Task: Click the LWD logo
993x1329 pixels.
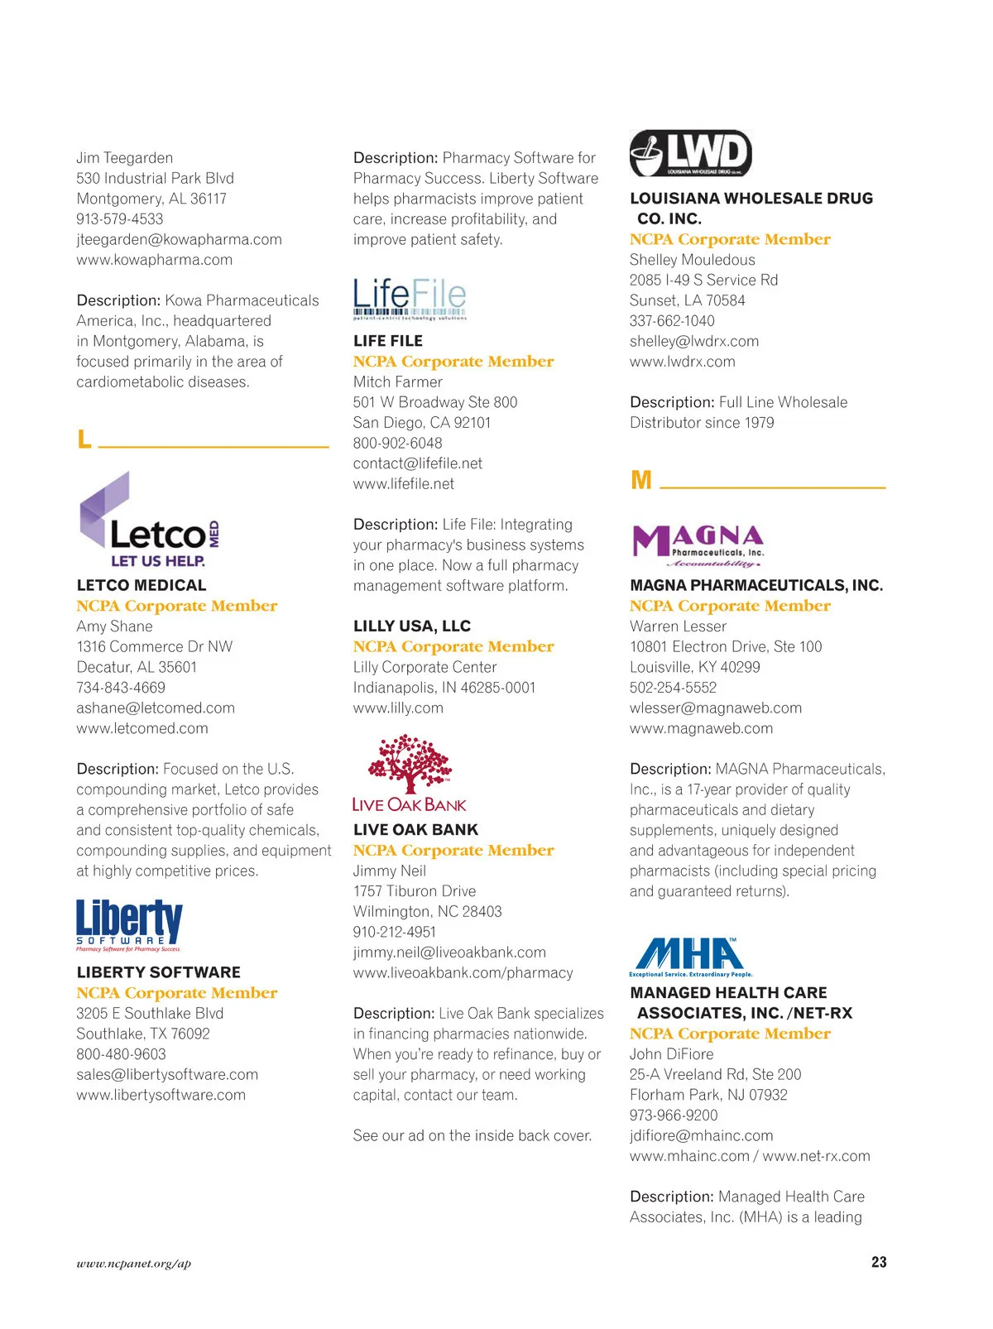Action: pos(691,153)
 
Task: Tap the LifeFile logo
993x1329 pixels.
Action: pos(410,299)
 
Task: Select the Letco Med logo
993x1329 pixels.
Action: pos(149,521)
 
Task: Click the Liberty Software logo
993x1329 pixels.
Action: pos(129,925)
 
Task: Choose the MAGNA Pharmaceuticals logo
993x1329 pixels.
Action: pos(698,545)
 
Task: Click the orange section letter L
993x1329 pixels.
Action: pos(84,439)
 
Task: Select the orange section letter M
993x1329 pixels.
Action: pos(640,480)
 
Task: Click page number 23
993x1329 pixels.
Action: pos(879,1262)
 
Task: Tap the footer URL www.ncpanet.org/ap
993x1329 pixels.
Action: pos(133,1263)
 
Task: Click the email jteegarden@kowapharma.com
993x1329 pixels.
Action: pos(179,239)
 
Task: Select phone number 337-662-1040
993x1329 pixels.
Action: pos(672,320)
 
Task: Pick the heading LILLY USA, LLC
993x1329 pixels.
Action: pos(412,626)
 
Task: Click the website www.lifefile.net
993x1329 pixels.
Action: pos(404,483)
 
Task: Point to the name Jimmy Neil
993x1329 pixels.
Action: pos(390,871)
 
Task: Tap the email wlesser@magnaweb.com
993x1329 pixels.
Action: pos(716,708)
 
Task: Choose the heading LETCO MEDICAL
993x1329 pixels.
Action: pos(142,585)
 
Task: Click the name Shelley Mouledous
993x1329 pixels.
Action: pos(693,260)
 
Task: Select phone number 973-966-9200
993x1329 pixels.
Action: pos(674,1115)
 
